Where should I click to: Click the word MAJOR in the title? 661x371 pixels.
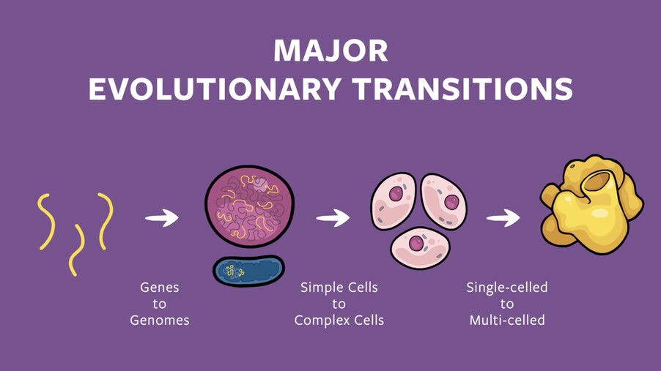coord(330,50)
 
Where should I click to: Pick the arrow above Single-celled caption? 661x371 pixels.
coord(503,217)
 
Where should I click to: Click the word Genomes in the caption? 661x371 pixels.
coord(160,320)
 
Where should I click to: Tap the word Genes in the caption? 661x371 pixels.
coord(160,288)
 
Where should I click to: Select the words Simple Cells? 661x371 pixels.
coord(339,288)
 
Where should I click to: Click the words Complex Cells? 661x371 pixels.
coord(339,320)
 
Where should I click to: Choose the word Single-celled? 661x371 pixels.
coord(507,288)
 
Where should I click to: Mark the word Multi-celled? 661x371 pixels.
coord(507,320)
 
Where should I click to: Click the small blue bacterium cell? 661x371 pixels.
coord(248,271)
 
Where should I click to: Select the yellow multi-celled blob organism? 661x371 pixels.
coord(591,205)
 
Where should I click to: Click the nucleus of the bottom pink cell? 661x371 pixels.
coord(417,242)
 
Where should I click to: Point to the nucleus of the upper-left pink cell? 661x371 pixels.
coord(396,194)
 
